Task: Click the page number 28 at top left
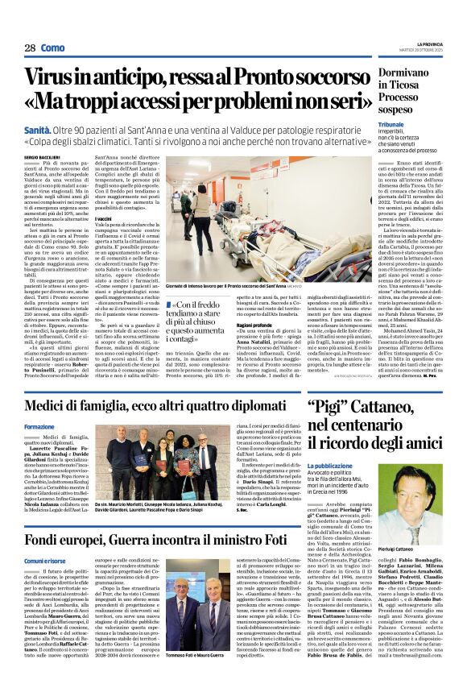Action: (29, 48)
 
